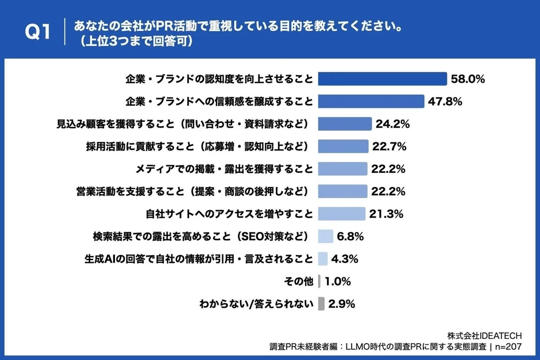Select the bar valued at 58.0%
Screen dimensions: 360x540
pos(382,79)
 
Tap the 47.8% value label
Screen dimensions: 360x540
pos(445,101)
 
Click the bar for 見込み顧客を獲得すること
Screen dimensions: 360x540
pos(345,123)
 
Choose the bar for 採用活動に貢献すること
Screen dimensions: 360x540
pos(343,146)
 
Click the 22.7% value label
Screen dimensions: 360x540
pos(389,146)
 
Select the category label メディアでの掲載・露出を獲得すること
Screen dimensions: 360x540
pos(224,169)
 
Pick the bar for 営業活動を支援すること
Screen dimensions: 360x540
pos(342,191)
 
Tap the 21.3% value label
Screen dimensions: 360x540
pos(385,214)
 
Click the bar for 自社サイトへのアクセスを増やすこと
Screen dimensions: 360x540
pos(341,214)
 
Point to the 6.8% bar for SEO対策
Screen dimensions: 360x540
pos(326,236)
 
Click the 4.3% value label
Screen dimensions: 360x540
pos(345,258)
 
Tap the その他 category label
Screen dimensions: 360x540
pos(299,281)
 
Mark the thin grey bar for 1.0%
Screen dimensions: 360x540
pos(319,281)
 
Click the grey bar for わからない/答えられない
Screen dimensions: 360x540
pos(321,304)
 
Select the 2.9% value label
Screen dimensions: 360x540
pos(342,304)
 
